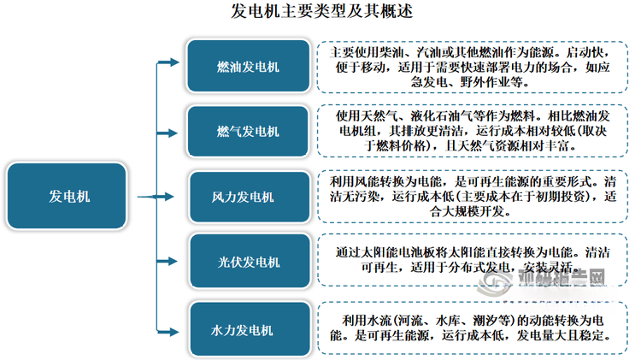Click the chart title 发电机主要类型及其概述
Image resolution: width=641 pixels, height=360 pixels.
(x=321, y=11)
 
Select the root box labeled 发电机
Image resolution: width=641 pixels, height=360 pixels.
(x=67, y=196)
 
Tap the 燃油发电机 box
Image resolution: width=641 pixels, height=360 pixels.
(x=248, y=66)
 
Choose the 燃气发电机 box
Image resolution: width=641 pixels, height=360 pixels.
(x=248, y=132)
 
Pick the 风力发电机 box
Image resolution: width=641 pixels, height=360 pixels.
(x=250, y=197)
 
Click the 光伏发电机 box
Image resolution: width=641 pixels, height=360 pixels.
(x=250, y=262)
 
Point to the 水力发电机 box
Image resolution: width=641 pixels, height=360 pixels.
(x=250, y=329)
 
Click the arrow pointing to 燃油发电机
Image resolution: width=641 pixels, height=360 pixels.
(x=168, y=62)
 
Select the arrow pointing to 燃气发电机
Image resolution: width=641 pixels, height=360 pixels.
(x=168, y=133)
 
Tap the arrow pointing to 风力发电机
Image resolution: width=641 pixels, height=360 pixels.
(x=156, y=197)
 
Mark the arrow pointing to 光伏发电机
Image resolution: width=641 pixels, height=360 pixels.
(x=168, y=261)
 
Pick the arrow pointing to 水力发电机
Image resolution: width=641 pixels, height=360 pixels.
(x=168, y=332)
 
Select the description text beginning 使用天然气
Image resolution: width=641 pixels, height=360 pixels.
(x=472, y=131)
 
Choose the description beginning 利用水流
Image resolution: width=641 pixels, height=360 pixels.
(x=472, y=328)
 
